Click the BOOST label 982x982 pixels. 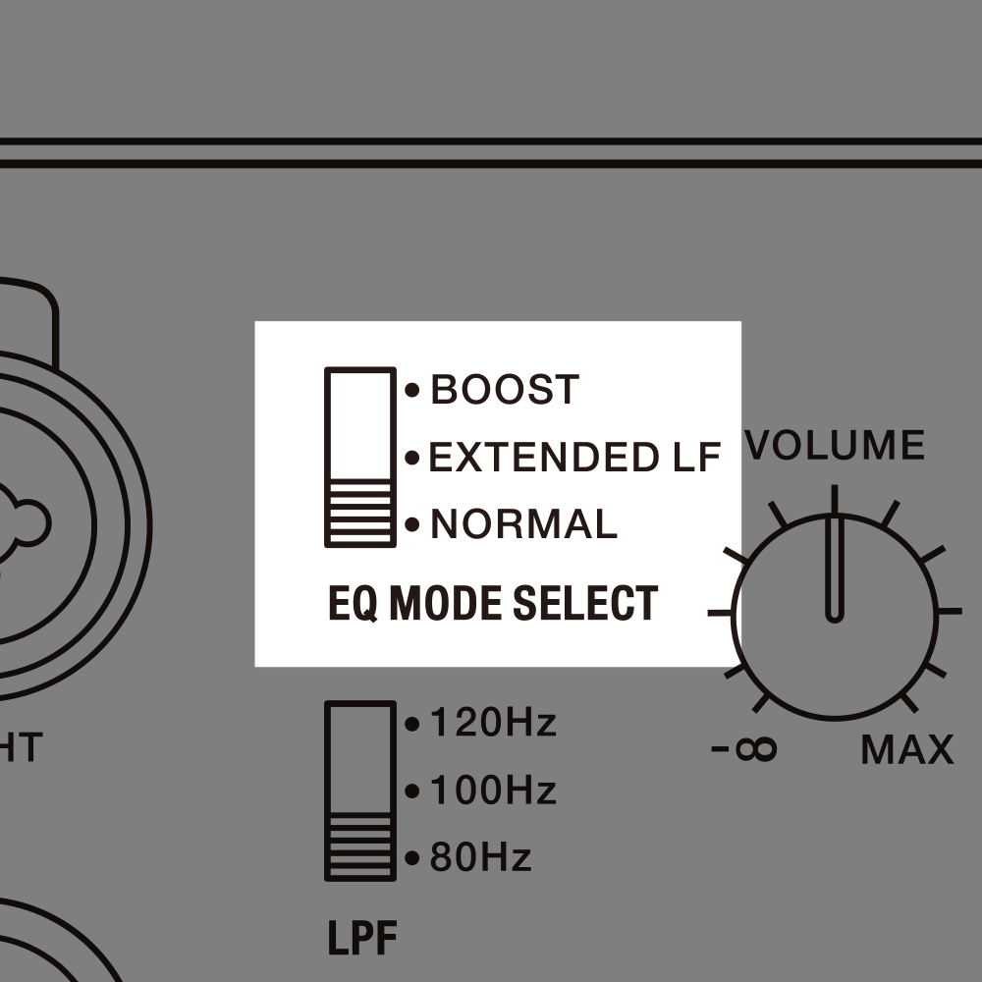point(505,389)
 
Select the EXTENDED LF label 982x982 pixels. point(574,457)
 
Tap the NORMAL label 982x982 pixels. point(524,523)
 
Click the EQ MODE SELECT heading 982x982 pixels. point(493,603)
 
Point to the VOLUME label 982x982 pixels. point(835,445)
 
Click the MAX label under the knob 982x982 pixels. point(906,749)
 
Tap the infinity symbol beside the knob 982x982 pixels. point(756,748)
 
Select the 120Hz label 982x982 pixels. point(493,722)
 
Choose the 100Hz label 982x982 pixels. point(493,790)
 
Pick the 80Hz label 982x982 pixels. point(480,856)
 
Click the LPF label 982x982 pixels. point(362,938)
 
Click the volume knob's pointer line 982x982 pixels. point(834,554)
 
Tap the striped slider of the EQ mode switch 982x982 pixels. point(360,513)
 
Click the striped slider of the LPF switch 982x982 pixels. point(360,846)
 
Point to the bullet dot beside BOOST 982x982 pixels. point(412,390)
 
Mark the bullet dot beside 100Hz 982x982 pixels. point(412,791)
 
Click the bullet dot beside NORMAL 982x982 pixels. point(412,524)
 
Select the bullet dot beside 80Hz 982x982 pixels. point(412,858)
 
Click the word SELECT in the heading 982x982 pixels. point(585,603)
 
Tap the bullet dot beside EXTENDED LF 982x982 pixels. point(412,458)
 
